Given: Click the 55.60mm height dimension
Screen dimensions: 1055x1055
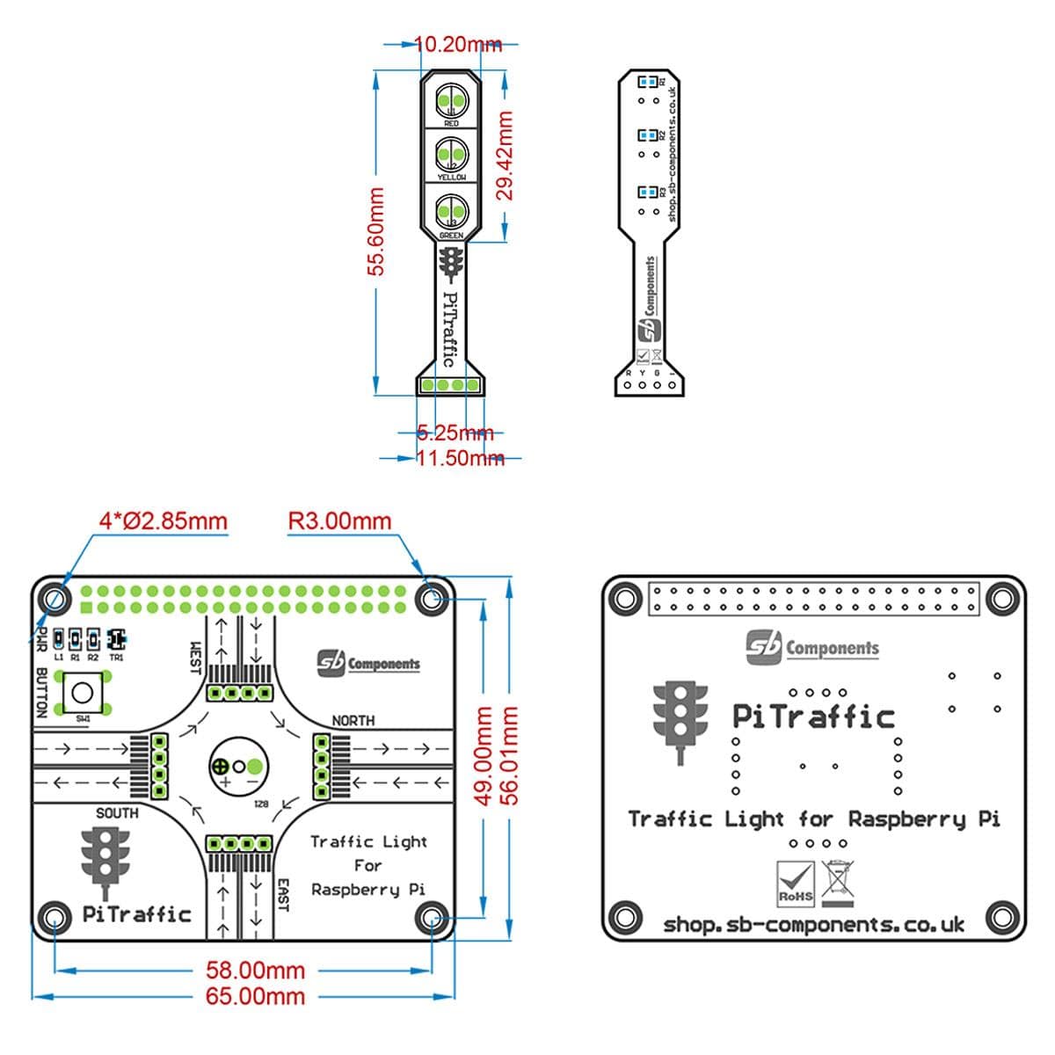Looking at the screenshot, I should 376,230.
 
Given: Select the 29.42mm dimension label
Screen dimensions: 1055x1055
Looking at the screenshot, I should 506,155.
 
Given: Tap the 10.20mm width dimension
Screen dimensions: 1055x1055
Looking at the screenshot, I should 457,44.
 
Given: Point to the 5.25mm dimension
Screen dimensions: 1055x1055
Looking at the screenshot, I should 455,433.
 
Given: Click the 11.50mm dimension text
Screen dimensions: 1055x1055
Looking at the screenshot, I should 459,458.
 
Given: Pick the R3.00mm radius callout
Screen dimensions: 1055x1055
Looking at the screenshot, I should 339,520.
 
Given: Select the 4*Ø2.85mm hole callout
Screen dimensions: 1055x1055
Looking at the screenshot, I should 163,520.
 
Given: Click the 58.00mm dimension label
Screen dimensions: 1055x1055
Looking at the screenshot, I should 255,971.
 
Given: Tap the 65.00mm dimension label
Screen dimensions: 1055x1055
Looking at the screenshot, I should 255,996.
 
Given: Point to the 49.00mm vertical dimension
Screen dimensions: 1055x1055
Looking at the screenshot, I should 484,755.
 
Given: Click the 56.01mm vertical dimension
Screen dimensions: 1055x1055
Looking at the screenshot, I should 510,755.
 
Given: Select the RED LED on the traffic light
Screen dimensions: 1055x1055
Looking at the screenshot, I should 451,101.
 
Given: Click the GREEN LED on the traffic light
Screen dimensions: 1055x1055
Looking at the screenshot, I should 451,213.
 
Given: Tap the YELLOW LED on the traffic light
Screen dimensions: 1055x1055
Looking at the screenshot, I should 451,156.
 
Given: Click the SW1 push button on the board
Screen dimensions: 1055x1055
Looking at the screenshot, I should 82,693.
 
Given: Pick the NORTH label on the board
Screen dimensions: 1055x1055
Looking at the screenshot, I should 353,721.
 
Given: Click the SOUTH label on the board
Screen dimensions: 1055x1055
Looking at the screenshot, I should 117,813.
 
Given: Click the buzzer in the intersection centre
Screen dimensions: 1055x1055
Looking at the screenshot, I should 236,767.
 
